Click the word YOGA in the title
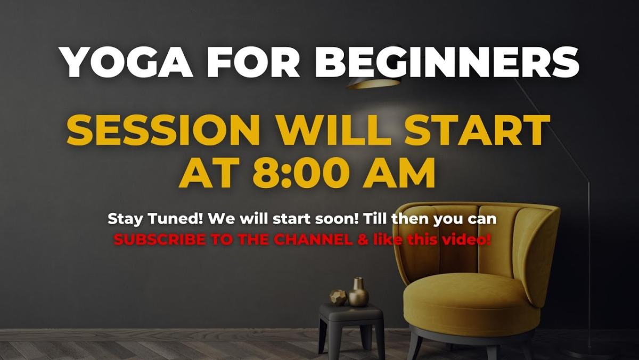tap(126, 62)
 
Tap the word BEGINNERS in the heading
tap(447, 62)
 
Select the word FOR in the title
tap(253, 62)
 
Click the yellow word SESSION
tap(163, 130)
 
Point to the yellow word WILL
tap(333, 130)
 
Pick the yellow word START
tap(477, 130)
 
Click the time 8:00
tap(301, 173)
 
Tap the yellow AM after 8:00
tap(399, 173)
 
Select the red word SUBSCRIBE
tap(160, 240)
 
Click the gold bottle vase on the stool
tap(358, 292)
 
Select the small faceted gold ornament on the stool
tap(338, 298)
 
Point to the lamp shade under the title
tap(374, 83)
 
